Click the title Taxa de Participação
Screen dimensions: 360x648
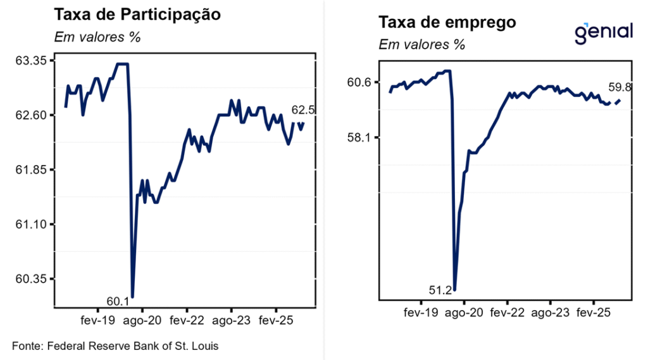(137, 15)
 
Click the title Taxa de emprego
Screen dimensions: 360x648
(447, 23)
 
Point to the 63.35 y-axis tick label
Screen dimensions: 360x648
(35, 61)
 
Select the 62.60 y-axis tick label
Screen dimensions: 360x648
(35, 115)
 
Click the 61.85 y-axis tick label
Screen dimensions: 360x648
(35, 170)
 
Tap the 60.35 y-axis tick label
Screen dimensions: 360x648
(35, 279)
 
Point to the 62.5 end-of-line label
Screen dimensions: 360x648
(303, 110)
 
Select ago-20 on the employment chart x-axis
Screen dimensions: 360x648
(464, 313)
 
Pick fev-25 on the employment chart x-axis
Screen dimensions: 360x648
(593, 313)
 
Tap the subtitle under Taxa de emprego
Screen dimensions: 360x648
(421, 45)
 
